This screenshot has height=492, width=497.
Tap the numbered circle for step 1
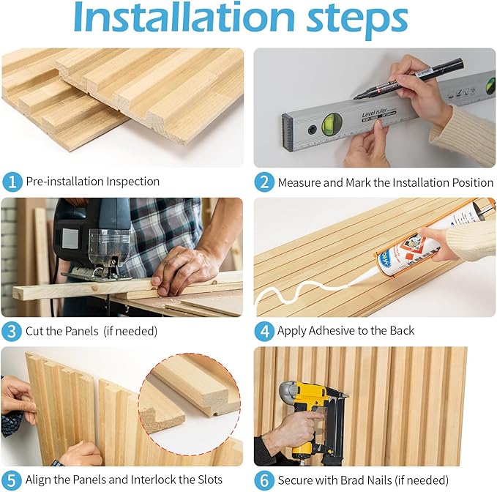click(x=12, y=182)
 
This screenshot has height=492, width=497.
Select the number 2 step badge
click(x=264, y=182)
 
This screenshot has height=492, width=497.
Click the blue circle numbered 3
click(x=12, y=331)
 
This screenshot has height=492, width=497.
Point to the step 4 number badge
click(x=264, y=331)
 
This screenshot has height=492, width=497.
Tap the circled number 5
click(x=12, y=480)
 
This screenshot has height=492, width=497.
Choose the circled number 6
click(x=264, y=480)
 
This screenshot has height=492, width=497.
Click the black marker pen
click(x=408, y=78)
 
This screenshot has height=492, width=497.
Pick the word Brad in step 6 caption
click(x=379, y=480)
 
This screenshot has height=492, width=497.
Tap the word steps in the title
click(x=357, y=19)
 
